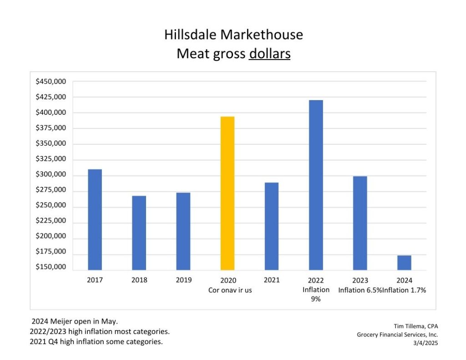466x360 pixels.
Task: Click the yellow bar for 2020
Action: (228, 193)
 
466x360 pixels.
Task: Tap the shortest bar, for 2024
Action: (404, 263)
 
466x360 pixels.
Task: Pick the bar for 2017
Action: (95, 219)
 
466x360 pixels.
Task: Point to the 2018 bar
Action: (139, 233)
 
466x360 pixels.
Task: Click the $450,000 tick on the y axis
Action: (51, 81)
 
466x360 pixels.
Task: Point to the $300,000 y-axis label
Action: (51, 175)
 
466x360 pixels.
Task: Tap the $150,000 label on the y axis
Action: (51, 267)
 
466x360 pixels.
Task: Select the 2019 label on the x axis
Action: (183, 280)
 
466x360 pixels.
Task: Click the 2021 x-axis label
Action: (272, 280)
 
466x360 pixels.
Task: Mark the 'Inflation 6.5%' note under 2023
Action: (360, 290)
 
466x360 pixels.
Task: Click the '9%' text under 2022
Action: (316, 299)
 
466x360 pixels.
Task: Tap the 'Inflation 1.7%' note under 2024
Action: (404, 290)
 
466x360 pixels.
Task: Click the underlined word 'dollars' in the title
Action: (269, 54)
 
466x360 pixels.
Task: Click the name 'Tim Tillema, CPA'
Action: (415, 326)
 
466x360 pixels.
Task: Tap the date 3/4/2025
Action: (425, 343)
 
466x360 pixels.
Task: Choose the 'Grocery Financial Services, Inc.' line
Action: (397, 335)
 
